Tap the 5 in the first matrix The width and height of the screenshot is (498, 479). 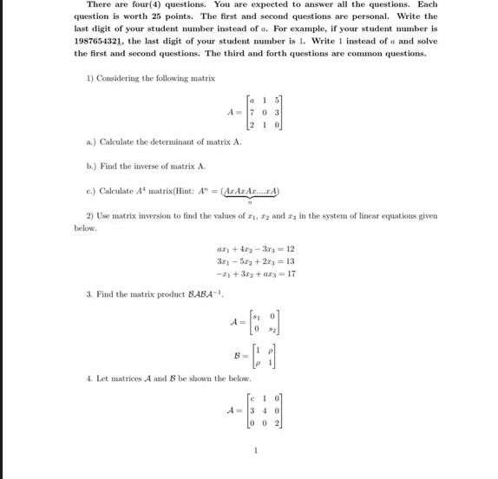pyautogui.click(x=278, y=100)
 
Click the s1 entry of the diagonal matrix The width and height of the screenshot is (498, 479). pyautogui.click(x=255, y=316)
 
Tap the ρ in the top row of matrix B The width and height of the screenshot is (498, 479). pyautogui.click(x=277, y=350)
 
